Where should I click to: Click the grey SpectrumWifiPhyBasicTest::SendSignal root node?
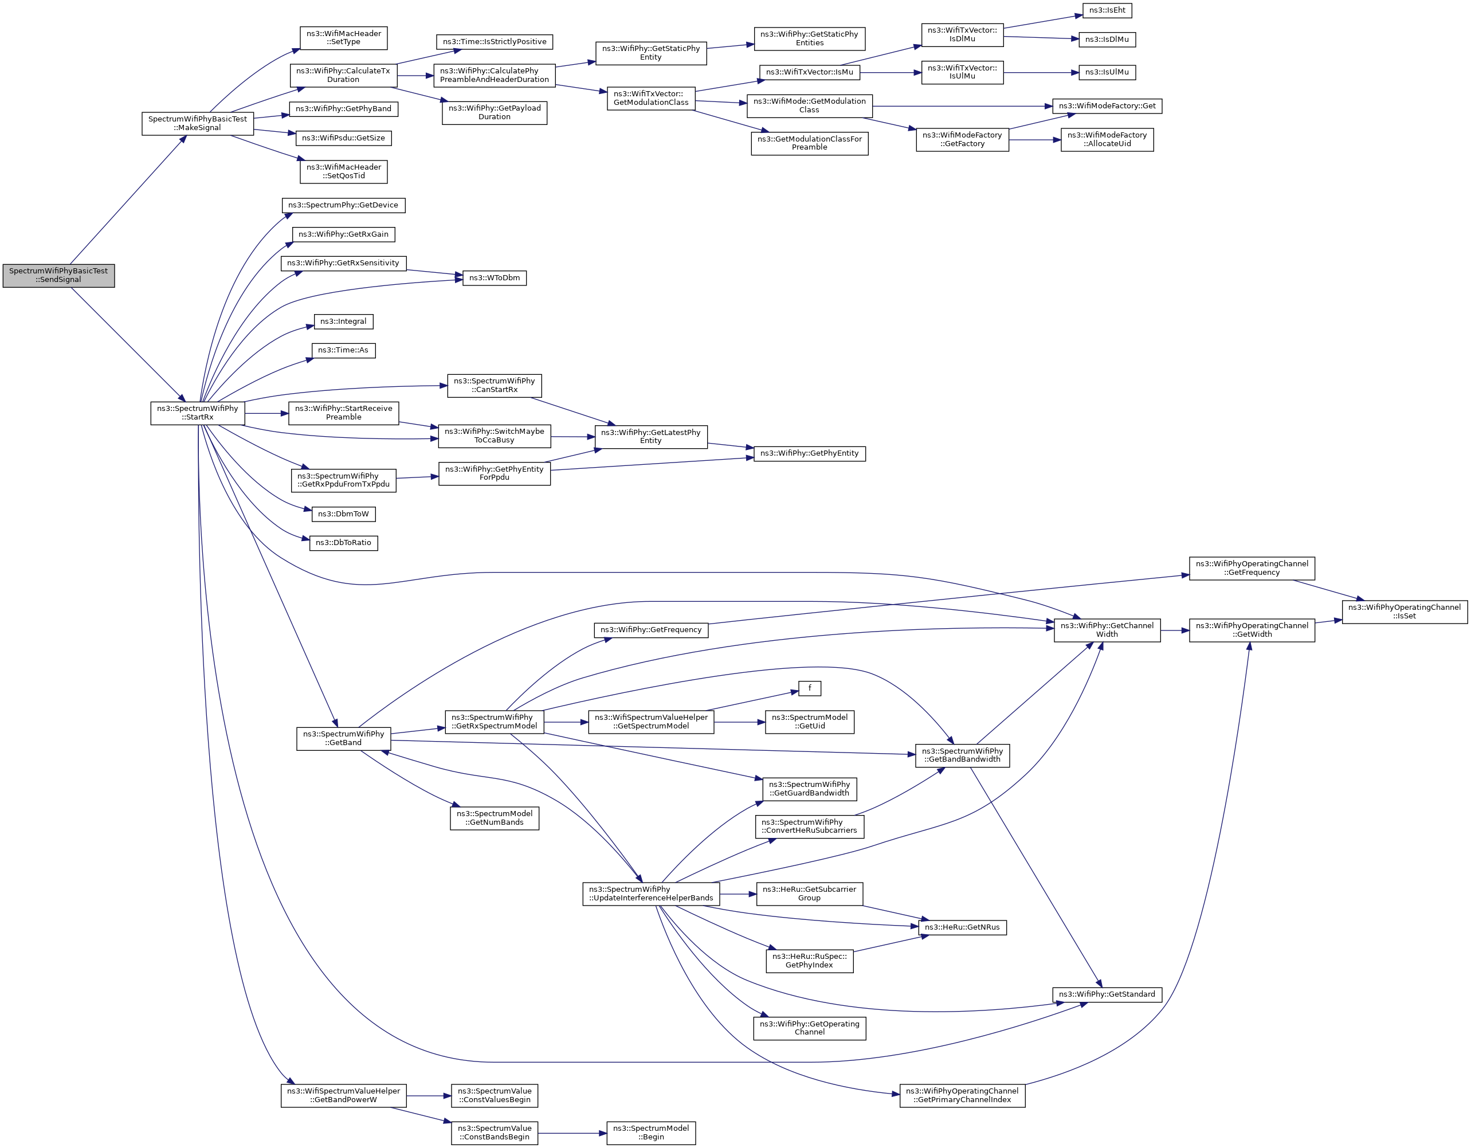pos(58,276)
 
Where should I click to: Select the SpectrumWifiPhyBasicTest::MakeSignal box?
pos(197,123)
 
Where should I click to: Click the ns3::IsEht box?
pos(1107,10)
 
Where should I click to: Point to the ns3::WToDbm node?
pos(495,277)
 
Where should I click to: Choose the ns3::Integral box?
pos(343,322)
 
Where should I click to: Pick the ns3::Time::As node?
pos(343,350)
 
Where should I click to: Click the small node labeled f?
pos(810,688)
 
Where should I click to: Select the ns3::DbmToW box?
pos(343,514)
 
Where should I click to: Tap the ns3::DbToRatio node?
pos(343,543)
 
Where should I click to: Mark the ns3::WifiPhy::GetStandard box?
pos(1107,994)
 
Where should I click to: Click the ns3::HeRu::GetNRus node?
pos(962,928)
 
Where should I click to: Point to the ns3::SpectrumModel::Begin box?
pos(650,1133)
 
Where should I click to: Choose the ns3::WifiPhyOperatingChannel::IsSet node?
pos(1405,612)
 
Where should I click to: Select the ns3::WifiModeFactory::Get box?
pos(1107,106)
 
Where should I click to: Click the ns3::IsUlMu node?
pos(1107,72)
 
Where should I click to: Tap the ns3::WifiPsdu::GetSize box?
pos(343,138)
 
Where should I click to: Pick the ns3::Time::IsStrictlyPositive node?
pos(495,42)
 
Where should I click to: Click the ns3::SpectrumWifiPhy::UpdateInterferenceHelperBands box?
pos(650,894)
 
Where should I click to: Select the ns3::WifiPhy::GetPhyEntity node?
pos(810,453)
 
